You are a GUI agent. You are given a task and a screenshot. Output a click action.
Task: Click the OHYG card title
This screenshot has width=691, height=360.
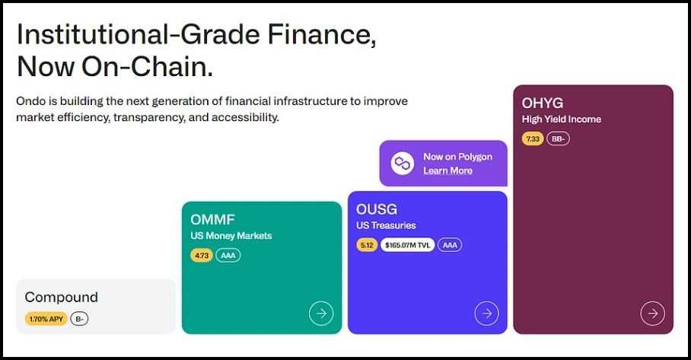(543, 103)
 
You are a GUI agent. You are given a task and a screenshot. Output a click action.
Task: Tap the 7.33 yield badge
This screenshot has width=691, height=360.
(533, 139)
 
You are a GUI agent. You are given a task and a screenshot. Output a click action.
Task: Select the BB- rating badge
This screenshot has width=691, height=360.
(558, 139)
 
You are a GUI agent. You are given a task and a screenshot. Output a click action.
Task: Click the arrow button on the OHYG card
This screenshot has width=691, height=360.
(652, 313)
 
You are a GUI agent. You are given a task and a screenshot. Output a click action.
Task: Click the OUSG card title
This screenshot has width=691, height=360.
(377, 209)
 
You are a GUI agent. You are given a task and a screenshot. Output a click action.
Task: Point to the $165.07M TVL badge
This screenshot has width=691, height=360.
(408, 245)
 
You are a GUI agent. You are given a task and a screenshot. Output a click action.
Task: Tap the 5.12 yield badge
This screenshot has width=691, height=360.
(367, 245)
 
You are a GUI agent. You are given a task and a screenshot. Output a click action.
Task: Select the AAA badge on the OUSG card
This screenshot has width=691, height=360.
(450, 245)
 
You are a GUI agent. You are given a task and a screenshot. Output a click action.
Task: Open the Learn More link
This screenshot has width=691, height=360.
(447, 170)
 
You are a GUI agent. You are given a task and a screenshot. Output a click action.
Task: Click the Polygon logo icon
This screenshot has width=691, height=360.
(403, 163)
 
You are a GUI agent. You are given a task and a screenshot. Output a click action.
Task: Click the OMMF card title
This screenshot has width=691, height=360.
(213, 220)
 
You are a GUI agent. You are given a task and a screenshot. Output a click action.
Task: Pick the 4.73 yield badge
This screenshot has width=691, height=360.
(202, 256)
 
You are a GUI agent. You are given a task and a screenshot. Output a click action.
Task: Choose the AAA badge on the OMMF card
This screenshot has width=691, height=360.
(228, 256)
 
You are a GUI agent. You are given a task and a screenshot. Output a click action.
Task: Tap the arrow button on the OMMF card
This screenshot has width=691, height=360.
(321, 313)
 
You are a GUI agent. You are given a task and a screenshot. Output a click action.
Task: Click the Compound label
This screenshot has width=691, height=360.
(62, 297)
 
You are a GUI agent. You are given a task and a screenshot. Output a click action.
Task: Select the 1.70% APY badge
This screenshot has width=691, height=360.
(46, 319)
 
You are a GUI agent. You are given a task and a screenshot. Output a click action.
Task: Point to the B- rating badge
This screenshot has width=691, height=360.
(80, 319)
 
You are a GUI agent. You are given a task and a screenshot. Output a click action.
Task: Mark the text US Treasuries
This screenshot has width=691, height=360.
(386, 226)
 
